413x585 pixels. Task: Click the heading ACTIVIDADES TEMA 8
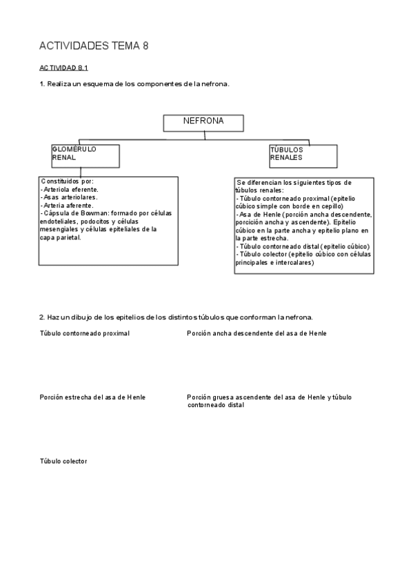click(94, 46)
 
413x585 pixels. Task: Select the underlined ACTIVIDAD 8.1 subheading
click(63, 68)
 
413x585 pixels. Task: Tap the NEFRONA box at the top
click(203, 122)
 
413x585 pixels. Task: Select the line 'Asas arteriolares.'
click(69, 197)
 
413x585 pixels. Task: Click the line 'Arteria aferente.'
click(68, 205)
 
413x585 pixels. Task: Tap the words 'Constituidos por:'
click(68, 181)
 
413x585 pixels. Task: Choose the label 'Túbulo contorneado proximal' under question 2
click(85, 333)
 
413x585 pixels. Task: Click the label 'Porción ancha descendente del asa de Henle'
click(256, 333)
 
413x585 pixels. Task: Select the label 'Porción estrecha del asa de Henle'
click(92, 397)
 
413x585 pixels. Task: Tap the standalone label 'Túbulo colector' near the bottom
click(63, 461)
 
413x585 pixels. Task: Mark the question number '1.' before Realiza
click(43, 84)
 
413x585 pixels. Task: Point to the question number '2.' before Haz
click(43, 318)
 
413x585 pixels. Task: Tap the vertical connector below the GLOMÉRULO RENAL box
click(80, 172)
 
